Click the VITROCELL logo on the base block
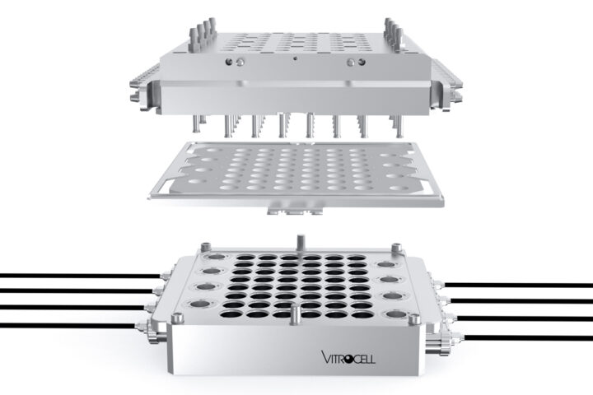coord(348,357)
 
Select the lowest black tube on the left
coord(69,325)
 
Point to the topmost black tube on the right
coord(519,285)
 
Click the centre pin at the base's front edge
coord(296,314)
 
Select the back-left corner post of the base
coord(206,247)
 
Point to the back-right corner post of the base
coord(396,248)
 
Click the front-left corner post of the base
coord(178,319)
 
